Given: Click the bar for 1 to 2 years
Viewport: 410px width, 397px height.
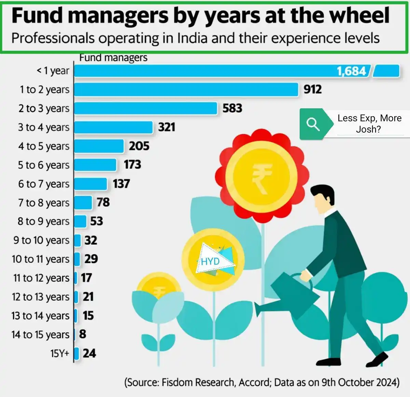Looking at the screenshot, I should pyautogui.click(x=186, y=90).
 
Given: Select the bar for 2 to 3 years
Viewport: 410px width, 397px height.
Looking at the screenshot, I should pyautogui.click(x=146, y=108).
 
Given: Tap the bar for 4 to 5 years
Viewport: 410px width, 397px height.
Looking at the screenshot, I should pyautogui.click(x=99, y=146).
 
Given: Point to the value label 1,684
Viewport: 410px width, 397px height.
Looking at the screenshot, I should pyautogui.click(x=351, y=71).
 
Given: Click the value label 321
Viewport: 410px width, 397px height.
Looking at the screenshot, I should pyautogui.click(x=166, y=127).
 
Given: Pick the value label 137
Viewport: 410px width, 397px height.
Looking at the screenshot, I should pyautogui.click(x=121, y=184).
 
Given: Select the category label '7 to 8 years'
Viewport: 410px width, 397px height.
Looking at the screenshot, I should pyautogui.click(x=44, y=203).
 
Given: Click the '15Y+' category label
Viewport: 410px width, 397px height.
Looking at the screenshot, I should pyautogui.click(x=60, y=353).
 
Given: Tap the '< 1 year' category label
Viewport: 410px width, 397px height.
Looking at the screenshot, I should pyautogui.click(x=53, y=71).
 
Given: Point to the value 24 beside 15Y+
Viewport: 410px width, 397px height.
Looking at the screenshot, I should pyautogui.click(x=89, y=353).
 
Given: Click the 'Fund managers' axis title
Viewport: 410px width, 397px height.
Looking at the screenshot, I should pyautogui.click(x=113, y=58).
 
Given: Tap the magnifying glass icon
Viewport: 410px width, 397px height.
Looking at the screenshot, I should pyautogui.click(x=313, y=124).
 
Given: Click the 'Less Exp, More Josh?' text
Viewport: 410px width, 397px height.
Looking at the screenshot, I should pyautogui.click(x=369, y=123).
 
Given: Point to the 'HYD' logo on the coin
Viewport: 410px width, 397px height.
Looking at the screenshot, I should pyautogui.click(x=210, y=261).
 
